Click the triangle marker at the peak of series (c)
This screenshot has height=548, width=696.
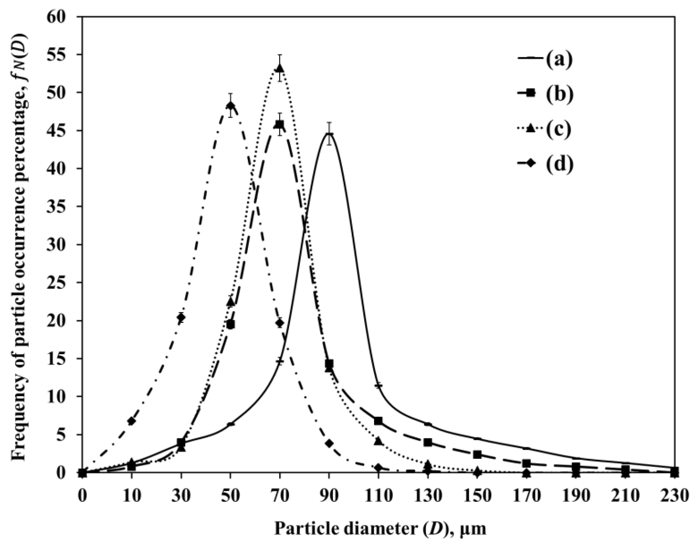click(x=280, y=68)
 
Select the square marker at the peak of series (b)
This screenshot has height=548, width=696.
click(x=280, y=124)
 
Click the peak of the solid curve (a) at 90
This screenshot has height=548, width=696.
click(x=329, y=134)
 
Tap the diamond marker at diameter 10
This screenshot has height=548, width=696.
click(x=132, y=421)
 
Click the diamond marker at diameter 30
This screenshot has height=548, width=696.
click(x=181, y=317)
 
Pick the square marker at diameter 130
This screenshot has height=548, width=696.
click(x=428, y=443)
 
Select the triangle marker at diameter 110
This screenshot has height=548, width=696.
click(x=379, y=441)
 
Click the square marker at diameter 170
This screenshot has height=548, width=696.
click(x=526, y=463)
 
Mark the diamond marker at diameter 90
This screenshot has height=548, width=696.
click(x=329, y=443)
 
